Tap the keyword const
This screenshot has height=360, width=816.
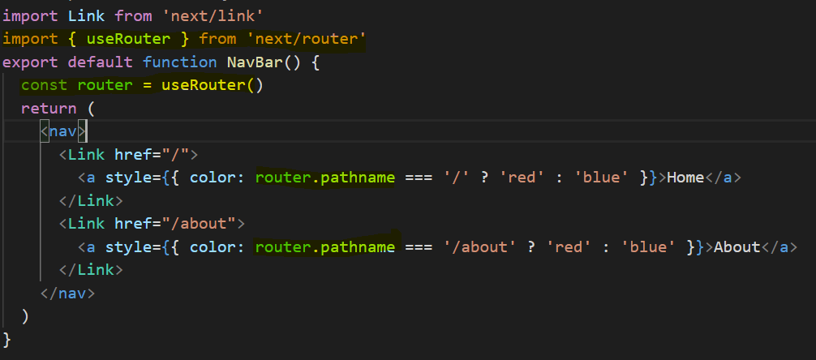tap(44, 85)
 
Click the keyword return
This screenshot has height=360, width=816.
tap(49, 109)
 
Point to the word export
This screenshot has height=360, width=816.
tap(30, 62)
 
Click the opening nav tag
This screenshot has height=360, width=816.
tap(63, 131)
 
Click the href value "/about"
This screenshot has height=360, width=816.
tap(201, 223)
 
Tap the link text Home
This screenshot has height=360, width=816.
tap(685, 178)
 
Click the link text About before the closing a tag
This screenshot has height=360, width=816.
tap(737, 246)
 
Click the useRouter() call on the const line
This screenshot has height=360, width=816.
tap(212, 85)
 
